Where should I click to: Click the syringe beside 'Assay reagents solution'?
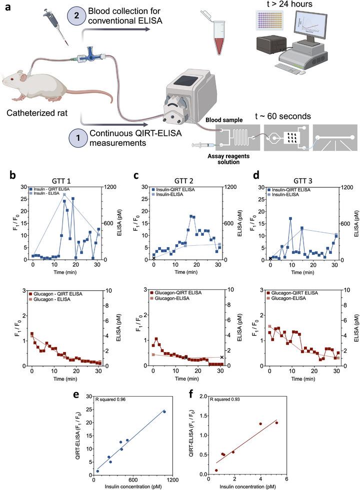tap(202, 145)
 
